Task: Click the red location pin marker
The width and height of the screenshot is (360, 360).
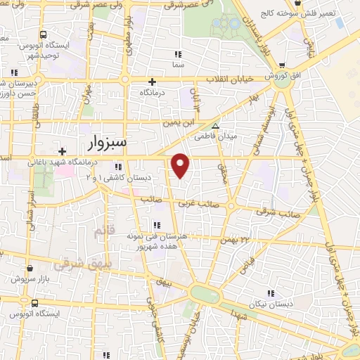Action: tap(181, 165)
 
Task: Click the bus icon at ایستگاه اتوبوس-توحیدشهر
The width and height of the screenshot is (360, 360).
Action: tap(44, 34)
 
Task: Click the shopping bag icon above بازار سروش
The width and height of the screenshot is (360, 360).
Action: tap(30, 268)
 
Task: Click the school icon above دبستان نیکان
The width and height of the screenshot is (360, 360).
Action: tap(269, 293)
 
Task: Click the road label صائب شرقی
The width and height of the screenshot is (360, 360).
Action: tap(273, 210)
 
